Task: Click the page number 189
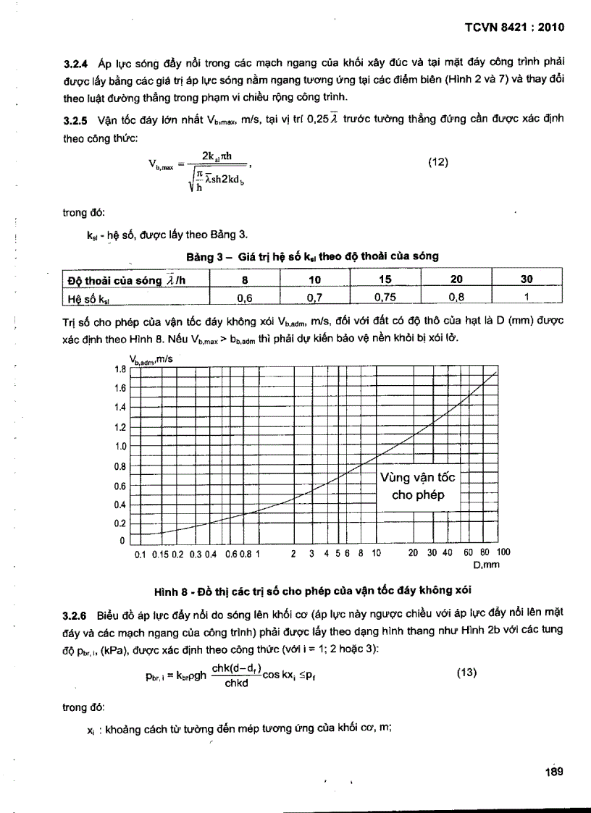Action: click(x=554, y=772)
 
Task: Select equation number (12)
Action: click(x=437, y=162)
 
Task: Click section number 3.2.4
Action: click(x=77, y=65)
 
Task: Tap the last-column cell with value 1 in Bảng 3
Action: click(x=527, y=296)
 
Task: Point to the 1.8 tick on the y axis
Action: click(x=120, y=369)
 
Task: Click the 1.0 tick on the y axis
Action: click(x=120, y=447)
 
